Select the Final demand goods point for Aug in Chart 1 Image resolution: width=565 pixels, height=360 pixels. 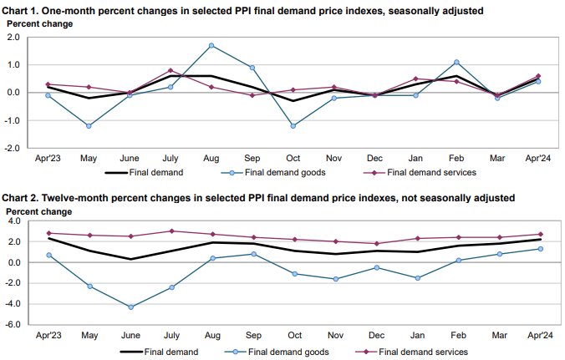point(211,45)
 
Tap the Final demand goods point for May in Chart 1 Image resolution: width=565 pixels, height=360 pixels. point(89,126)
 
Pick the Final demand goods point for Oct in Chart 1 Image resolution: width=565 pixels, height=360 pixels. point(293,126)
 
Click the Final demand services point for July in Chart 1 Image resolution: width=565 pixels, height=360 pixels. point(171,70)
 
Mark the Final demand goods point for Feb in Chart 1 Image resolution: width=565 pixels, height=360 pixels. point(457,62)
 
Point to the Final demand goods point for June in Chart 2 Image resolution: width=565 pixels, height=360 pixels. point(130,307)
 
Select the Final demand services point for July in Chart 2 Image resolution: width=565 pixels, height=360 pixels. point(171,231)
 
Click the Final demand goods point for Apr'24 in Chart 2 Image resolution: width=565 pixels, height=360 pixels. point(539,249)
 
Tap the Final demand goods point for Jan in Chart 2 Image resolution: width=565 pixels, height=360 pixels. point(416,278)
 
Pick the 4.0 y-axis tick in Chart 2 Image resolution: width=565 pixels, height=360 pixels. point(22,221)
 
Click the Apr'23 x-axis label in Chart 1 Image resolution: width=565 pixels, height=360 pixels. point(48,158)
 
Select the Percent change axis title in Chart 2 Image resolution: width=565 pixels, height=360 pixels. point(40,211)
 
